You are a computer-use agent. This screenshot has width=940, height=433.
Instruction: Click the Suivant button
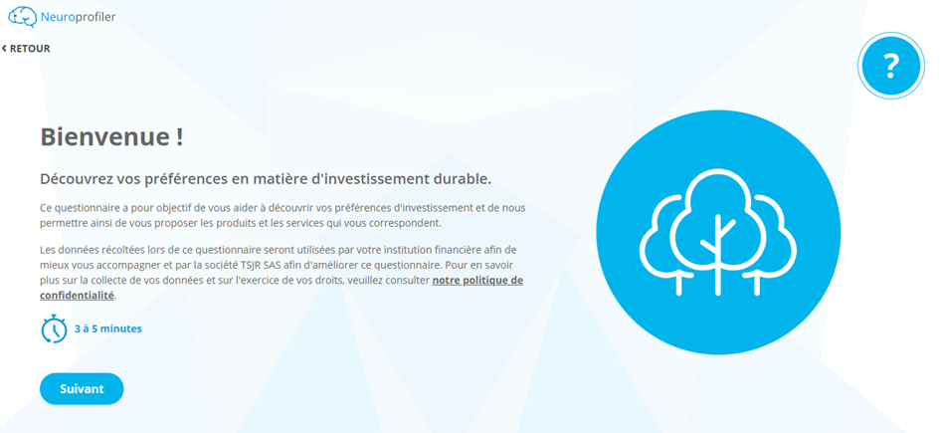[82, 388]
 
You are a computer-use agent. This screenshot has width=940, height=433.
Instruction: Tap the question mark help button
[891, 66]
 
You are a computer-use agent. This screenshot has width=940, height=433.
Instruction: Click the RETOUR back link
[26, 49]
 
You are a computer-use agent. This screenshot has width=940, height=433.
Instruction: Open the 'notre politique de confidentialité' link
[282, 288]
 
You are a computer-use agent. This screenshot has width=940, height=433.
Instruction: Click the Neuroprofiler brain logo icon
[22, 17]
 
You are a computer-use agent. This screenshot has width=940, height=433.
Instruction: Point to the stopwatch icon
[54, 328]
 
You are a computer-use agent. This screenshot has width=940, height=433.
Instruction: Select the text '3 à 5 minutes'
[107, 328]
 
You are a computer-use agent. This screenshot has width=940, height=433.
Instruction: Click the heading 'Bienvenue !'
[111, 137]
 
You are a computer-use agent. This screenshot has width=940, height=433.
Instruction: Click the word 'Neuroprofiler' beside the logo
[78, 17]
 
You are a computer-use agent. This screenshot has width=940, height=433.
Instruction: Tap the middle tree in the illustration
[717, 232]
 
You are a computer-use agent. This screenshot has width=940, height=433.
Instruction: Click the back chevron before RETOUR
[4, 49]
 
